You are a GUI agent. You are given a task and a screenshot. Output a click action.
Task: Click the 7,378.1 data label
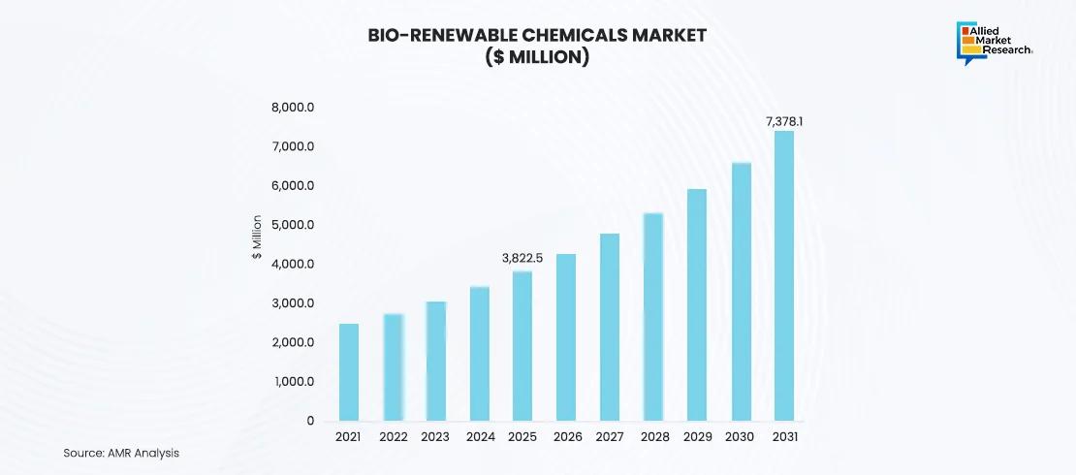click(785, 121)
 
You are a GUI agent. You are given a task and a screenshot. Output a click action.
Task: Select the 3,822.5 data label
click(522, 258)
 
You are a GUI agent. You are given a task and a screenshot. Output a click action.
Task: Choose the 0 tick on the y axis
click(310, 421)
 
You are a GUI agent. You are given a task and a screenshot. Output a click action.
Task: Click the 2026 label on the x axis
click(567, 437)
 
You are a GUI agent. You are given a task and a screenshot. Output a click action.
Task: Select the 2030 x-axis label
click(741, 437)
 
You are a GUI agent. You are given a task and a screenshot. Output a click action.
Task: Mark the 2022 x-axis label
click(393, 437)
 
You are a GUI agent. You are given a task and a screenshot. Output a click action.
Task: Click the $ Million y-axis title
click(257, 237)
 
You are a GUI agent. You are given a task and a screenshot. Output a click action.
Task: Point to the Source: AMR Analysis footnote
click(121, 453)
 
